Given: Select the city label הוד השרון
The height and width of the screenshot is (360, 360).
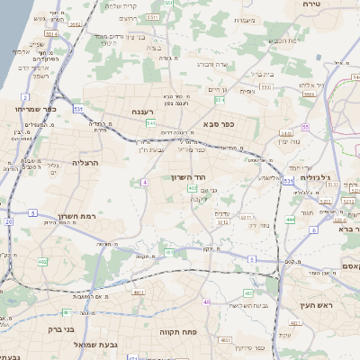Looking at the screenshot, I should [188, 177].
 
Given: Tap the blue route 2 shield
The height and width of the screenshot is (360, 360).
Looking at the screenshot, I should [26, 97].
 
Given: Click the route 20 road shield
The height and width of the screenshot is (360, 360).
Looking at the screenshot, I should [8, 220].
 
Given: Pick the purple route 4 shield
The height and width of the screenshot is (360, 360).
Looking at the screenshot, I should [144, 183].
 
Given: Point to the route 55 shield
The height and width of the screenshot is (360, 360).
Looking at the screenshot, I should [306, 127].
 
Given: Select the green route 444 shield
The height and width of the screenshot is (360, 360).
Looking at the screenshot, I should [290, 219].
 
